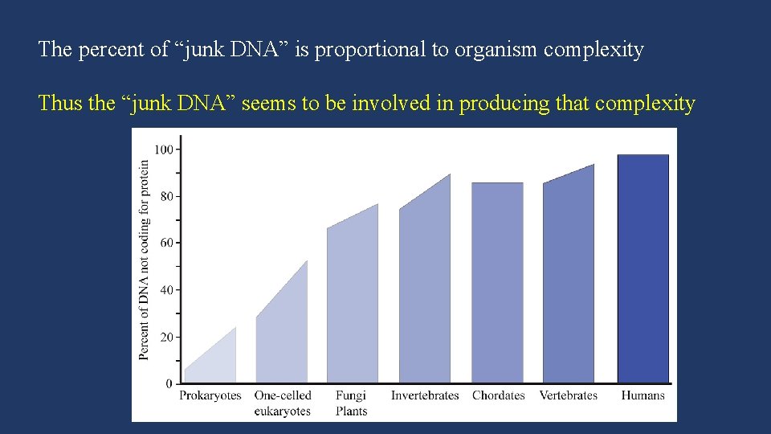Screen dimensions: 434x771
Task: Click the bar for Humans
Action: [x=642, y=268]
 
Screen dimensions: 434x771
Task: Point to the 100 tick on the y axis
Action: [x=163, y=149]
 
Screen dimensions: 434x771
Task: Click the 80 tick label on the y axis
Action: [x=165, y=196]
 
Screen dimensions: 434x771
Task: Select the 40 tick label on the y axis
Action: [x=165, y=290]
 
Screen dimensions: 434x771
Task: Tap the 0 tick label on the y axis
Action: [x=169, y=384]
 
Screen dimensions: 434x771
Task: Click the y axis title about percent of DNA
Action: [x=145, y=260]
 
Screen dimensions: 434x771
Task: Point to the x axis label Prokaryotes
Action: [x=210, y=395]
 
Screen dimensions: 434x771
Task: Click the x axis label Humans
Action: [x=642, y=395]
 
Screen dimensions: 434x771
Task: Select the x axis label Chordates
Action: [x=498, y=395]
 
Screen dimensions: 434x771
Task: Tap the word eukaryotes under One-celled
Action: [x=282, y=411]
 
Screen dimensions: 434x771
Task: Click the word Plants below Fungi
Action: [x=351, y=411]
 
